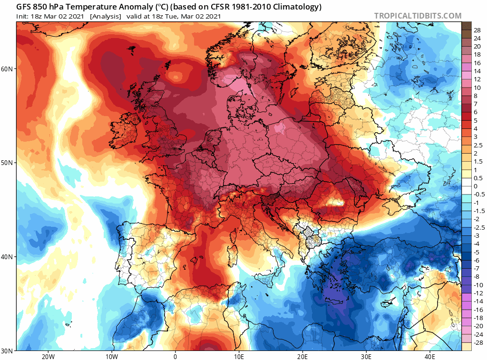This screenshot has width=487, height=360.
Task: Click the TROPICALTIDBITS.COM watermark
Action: (x=418, y=16)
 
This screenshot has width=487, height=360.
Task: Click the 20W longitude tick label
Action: (x=48, y=356)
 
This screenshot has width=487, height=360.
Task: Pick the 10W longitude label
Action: (x=111, y=356)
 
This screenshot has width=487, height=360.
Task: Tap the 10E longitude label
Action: (x=239, y=356)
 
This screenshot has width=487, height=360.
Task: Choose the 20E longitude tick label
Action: (x=302, y=356)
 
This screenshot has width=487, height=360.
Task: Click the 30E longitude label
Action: (x=366, y=356)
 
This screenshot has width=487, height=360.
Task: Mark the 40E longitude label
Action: (x=430, y=356)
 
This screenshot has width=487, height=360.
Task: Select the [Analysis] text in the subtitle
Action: (x=105, y=16)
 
